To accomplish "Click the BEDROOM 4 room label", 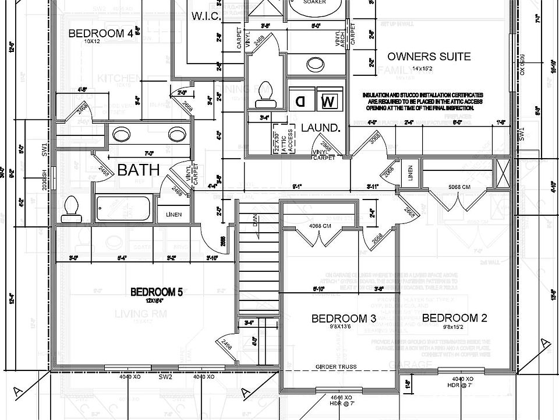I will [101, 33].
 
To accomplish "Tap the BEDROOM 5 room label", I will [157, 292].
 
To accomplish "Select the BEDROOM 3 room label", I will [343, 318].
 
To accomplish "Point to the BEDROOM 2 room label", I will [454, 318].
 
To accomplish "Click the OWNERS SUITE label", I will [429, 57].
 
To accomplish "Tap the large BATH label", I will [139, 170].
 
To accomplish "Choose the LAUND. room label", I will [320, 128].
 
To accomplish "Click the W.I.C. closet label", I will [206, 16].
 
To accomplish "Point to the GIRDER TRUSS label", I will [336, 366].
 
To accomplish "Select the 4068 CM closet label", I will [320, 226].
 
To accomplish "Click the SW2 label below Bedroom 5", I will [166, 377].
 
